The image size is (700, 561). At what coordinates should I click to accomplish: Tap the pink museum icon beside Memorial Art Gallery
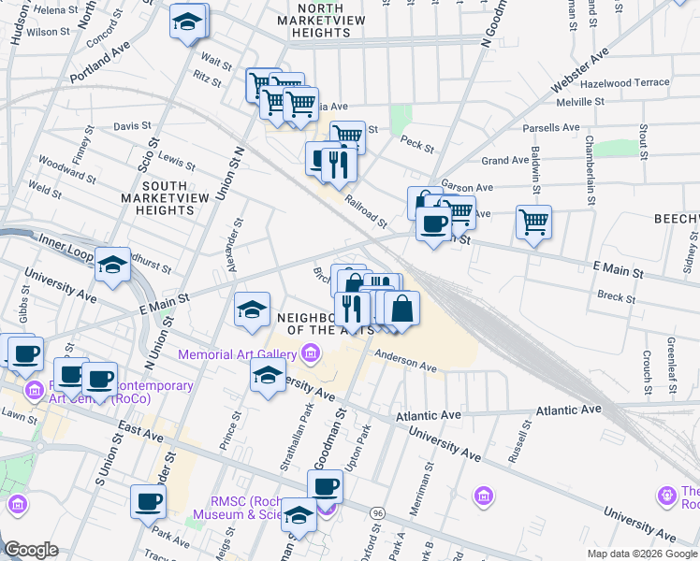pyautogui.click(x=310, y=354)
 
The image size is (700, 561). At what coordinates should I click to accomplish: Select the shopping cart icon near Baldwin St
pyautogui.click(x=533, y=223)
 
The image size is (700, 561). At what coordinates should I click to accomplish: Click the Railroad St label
pyautogui.click(x=364, y=211)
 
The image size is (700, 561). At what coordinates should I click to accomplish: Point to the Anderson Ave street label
pyautogui.click(x=406, y=361)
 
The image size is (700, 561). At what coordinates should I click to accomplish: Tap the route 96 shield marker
pyautogui.click(x=377, y=513)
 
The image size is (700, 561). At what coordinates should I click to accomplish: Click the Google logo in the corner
pyautogui.click(x=31, y=549)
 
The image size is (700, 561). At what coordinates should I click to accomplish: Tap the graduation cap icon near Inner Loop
pyautogui.click(x=112, y=266)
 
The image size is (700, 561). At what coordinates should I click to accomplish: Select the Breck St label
pyautogui.click(x=616, y=298)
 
